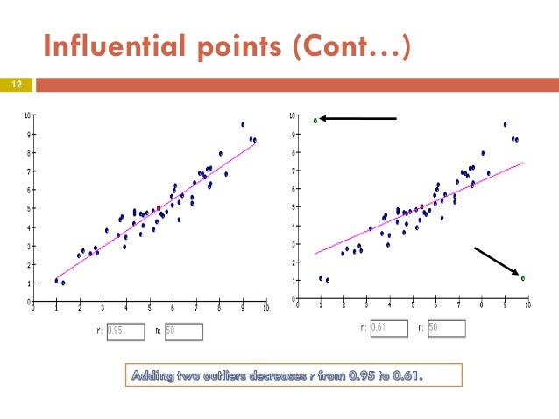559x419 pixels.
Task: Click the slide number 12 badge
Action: [x=16, y=85]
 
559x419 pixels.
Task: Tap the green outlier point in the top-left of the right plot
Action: [x=315, y=120]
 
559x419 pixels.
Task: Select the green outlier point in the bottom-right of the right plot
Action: [x=522, y=278]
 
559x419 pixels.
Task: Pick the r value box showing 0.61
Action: [x=389, y=329]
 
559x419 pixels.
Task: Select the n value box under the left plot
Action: [x=183, y=332]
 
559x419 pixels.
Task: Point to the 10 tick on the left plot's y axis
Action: [x=28, y=115]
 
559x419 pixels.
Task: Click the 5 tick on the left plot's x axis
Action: [x=150, y=308]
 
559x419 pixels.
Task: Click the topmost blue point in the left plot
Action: [x=243, y=124]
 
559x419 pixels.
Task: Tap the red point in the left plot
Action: [x=159, y=208]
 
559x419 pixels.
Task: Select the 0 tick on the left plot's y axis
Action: [x=28, y=302]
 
